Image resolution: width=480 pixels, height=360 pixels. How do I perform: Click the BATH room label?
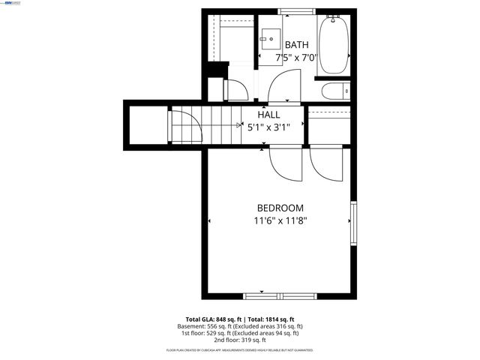pos(296,45)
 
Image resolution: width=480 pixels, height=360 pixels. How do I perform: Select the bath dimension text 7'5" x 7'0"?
pos(296,57)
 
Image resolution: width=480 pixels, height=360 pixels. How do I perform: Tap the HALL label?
pos(268,115)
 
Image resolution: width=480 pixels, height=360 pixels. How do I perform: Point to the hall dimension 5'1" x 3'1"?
pos(268,127)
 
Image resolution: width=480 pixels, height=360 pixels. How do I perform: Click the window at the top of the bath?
pos(297,11)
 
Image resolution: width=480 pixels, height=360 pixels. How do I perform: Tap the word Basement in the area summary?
pos(193,327)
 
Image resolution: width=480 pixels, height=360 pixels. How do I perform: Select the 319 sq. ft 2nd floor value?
pos(255,340)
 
